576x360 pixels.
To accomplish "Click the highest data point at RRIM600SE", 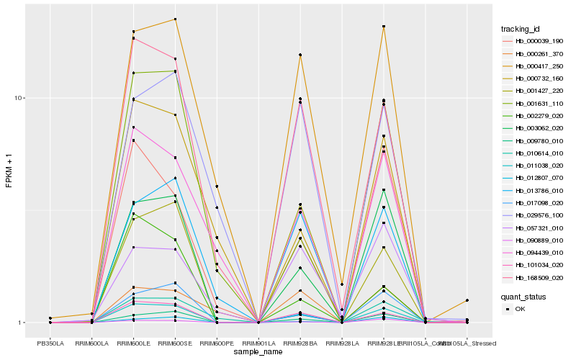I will pos(175,19).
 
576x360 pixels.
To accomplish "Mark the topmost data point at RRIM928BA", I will pos(300,55).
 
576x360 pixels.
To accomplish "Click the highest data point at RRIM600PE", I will pos(217,186).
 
